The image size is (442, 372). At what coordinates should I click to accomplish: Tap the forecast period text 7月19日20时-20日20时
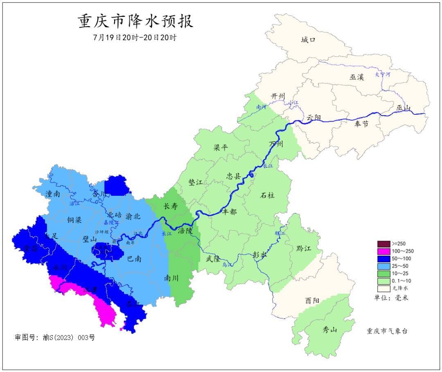pos(135,37)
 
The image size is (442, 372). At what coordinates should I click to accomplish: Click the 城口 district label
pos(309,40)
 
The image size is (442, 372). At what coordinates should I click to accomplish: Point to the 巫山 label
pos(403,108)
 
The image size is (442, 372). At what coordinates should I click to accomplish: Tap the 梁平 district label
pos(221,147)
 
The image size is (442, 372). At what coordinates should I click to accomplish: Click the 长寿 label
pos(171,206)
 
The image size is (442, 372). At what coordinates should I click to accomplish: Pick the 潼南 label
pos(53,194)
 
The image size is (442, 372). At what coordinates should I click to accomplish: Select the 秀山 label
pos(329,329)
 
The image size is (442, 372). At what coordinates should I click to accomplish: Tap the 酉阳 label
pos(312,300)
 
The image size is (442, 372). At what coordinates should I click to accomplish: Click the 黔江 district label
pos(303,249)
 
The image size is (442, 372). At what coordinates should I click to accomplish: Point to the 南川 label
pos(171,278)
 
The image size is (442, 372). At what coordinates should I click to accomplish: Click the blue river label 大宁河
pos(383,75)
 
